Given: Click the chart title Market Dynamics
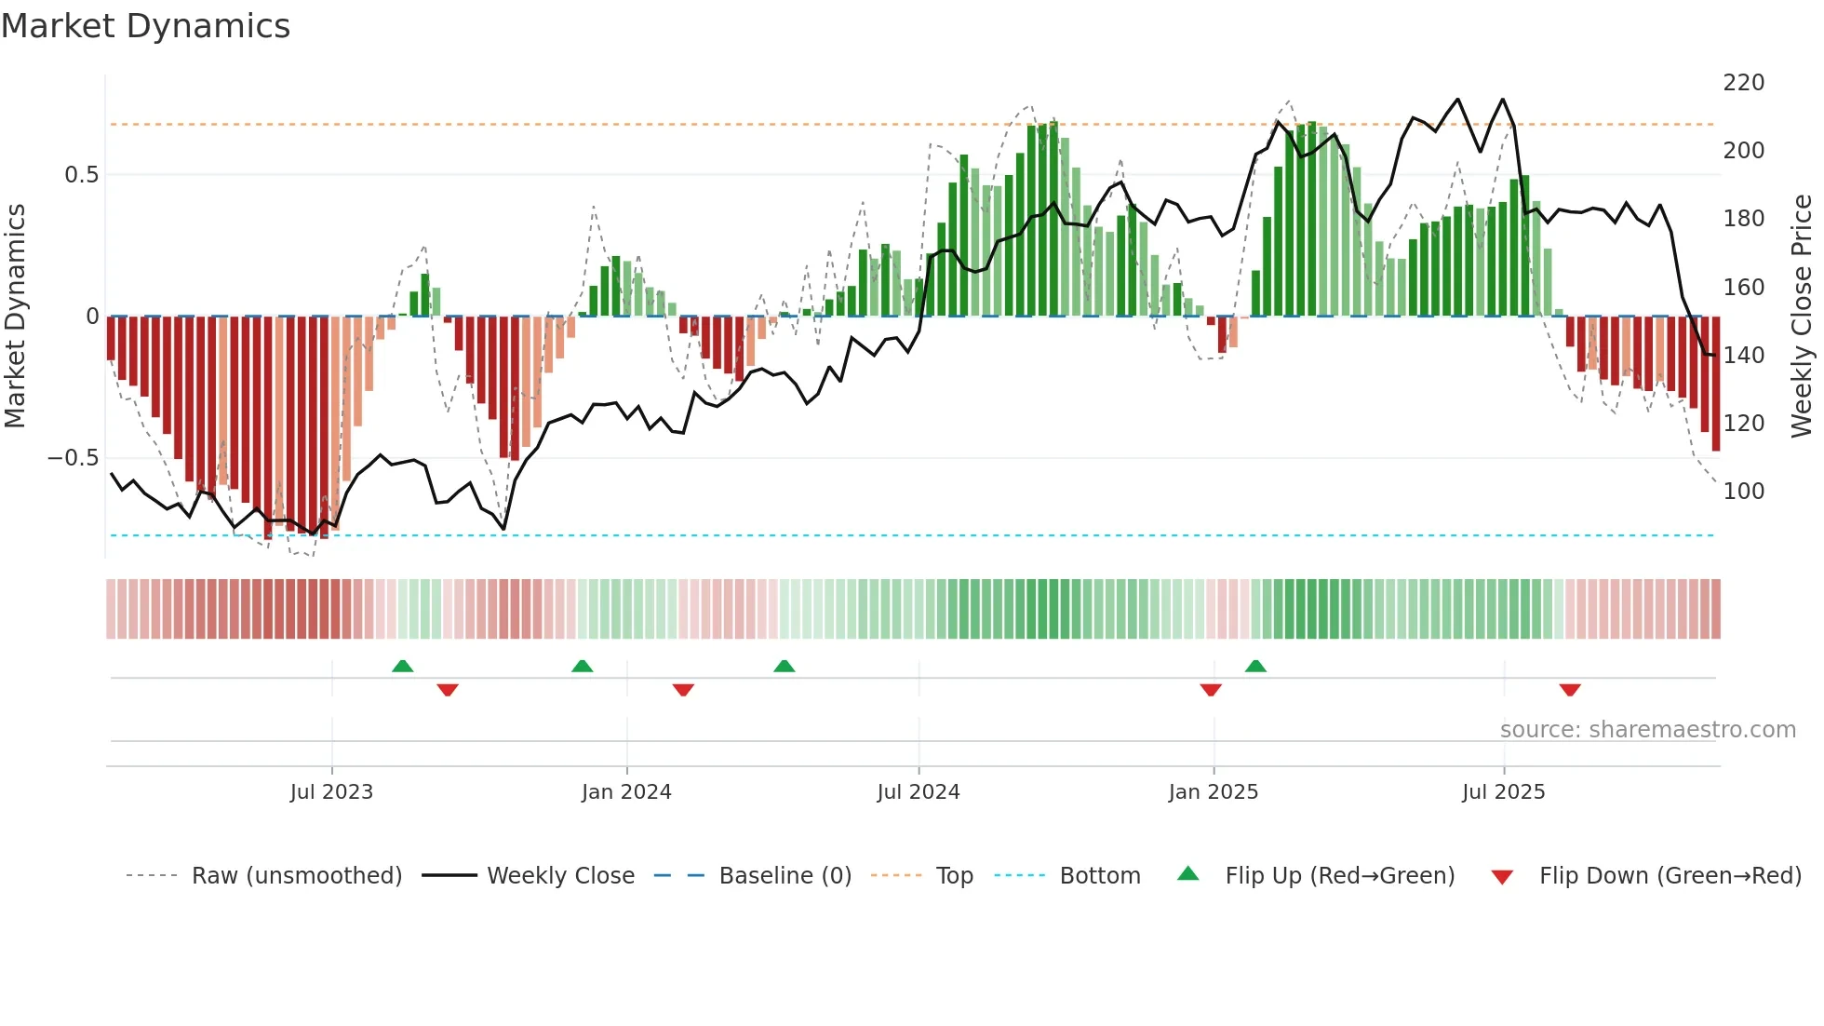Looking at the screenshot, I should (x=145, y=26).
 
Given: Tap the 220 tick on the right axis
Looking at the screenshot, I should (x=1743, y=83).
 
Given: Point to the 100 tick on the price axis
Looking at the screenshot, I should (x=1743, y=492).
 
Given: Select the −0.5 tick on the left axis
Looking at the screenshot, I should (x=73, y=458).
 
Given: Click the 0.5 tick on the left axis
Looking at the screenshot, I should (x=81, y=175).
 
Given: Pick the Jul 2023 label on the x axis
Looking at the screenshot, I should (x=331, y=792).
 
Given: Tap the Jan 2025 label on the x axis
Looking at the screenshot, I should (x=1213, y=792).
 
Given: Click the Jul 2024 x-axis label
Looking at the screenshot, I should (x=918, y=792).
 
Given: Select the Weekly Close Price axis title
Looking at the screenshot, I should (x=1802, y=317).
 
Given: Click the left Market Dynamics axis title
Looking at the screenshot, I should (x=15, y=317).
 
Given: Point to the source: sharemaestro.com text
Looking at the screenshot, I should (x=1647, y=730).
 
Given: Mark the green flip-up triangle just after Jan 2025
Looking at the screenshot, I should (x=1255, y=666).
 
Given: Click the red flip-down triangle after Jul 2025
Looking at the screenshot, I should (x=1570, y=690).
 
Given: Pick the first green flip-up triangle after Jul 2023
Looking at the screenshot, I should (x=402, y=666).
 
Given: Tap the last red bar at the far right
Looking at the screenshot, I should (x=1715, y=384).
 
